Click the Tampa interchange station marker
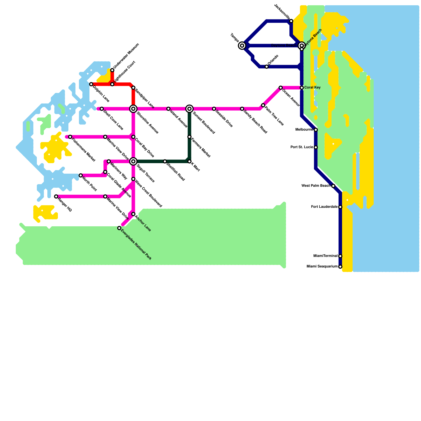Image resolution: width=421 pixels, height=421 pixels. [242, 46]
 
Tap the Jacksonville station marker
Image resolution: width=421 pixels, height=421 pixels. [291, 21]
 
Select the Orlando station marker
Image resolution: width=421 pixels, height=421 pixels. [267, 67]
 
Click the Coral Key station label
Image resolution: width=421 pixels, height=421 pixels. [313, 88]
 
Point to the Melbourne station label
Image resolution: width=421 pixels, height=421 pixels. [304, 130]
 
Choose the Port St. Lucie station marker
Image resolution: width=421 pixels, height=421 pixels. [316, 147]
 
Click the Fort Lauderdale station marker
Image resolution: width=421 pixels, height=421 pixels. [340, 207]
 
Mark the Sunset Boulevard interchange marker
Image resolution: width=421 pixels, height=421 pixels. [189, 109]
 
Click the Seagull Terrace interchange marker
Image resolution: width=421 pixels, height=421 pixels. [133, 161]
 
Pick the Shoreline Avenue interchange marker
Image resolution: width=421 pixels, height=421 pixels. [133, 109]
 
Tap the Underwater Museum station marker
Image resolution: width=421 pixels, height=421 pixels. [112, 70]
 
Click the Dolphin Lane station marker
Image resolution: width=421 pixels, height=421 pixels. [91, 84]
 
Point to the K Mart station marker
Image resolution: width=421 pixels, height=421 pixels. [189, 161]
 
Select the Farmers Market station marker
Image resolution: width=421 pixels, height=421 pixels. [189, 137]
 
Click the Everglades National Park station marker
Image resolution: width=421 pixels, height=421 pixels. [119, 228]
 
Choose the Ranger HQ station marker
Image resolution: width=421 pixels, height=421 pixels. [56, 197]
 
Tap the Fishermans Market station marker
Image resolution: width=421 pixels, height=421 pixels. [70, 137]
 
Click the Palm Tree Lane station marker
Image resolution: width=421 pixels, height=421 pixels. [263, 105]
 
